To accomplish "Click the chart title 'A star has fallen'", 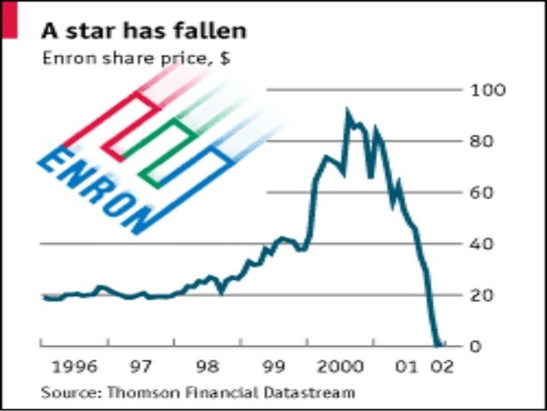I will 144,30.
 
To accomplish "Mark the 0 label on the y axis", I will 490,347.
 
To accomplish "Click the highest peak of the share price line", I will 348,110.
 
